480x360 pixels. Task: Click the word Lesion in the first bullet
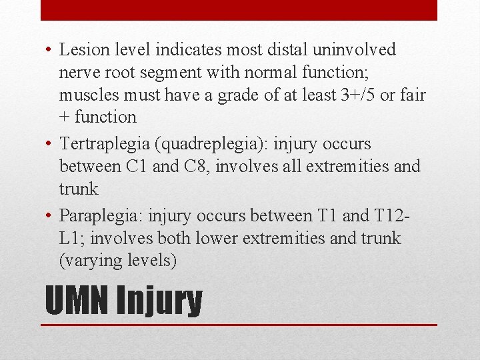pos(81,50)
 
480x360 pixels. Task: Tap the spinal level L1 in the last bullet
pos(69,239)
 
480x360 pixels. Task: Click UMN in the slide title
pos(77,301)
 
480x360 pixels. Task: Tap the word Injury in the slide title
pos(159,302)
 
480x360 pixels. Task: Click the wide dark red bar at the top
pos(239,10)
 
